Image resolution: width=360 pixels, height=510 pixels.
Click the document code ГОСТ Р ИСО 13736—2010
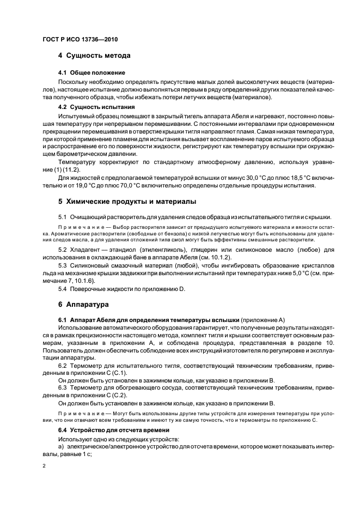point(80,40)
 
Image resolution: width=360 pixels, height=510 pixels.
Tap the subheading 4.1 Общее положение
point(91,72)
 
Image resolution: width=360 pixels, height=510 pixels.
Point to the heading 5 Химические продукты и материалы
point(127,202)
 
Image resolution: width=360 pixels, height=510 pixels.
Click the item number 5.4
point(63,289)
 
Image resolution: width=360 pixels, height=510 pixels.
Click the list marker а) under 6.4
point(62,447)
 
